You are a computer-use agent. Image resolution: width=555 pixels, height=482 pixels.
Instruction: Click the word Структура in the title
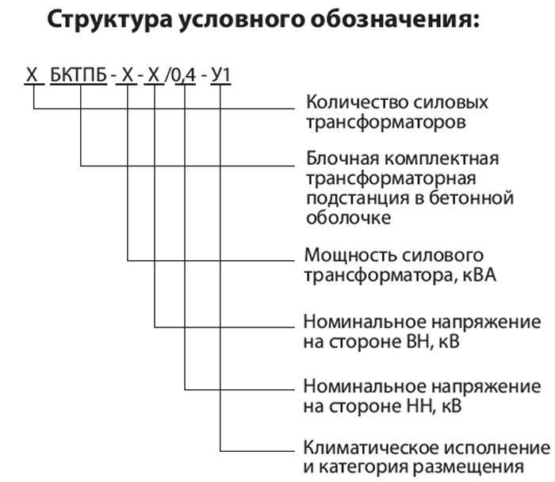pyautogui.click(x=109, y=21)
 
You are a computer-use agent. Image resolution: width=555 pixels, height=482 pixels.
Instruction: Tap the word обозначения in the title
pyautogui.click(x=395, y=19)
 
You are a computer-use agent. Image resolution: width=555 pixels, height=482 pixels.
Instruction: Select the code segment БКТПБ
pyautogui.click(x=78, y=75)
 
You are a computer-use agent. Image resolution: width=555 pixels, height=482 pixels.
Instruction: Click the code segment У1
pyautogui.click(x=221, y=75)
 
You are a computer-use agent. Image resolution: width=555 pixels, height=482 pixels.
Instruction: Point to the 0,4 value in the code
pyautogui.click(x=184, y=75)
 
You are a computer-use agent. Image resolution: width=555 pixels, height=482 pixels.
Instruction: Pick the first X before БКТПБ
pyautogui.click(x=32, y=75)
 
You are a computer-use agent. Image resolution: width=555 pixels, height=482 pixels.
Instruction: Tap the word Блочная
pyautogui.click(x=343, y=159)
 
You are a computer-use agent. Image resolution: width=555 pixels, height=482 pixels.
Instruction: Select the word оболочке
pyautogui.click(x=349, y=217)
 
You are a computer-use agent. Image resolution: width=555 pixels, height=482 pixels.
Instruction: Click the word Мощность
pyautogui.click(x=350, y=255)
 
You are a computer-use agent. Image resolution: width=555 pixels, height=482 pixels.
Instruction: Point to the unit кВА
pyautogui.click(x=479, y=275)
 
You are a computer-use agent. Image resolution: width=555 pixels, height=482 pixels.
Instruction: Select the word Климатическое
pyautogui.click(x=371, y=448)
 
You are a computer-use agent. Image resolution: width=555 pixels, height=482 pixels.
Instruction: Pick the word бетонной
pyautogui.click(x=471, y=197)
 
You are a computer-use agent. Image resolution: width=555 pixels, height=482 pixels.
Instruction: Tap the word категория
pyautogui.click(x=364, y=467)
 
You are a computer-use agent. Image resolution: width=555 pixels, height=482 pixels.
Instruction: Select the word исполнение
pyautogui.click(x=497, y=448)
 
